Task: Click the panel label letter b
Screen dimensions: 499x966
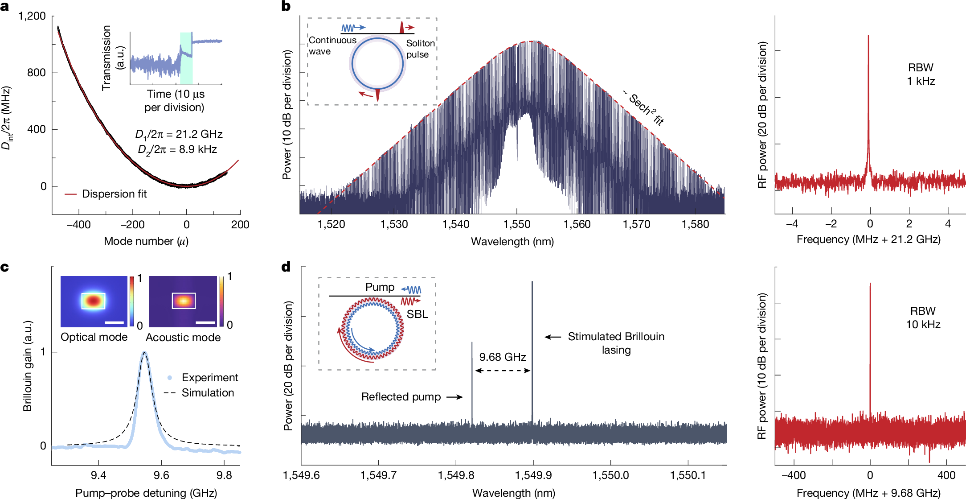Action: click(286, 6)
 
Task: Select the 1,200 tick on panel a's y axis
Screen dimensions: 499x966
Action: click(32, 16)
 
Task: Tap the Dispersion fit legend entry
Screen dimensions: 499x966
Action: click(114, 194)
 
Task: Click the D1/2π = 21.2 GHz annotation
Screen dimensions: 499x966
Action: click(179, 134)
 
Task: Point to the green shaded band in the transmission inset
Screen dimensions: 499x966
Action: click(186, 58)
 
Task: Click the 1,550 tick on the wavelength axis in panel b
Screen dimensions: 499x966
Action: click(517, 224)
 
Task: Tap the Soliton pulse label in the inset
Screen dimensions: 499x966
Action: click(420, 49)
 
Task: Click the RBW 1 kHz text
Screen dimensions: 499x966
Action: click(921, 74)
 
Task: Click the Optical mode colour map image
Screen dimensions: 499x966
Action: click(94, 301)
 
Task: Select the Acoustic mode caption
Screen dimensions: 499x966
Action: click(183, 338)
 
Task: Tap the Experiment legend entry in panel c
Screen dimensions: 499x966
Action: click(209, 378)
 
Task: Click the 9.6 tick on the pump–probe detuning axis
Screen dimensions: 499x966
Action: click(161, 475)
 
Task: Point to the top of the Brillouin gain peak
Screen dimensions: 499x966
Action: click(144, 353)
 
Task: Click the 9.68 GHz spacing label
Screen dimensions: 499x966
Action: click(503, 357)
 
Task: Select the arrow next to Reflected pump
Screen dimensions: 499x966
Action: click(455, 397)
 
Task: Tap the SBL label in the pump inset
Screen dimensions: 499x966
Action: click(417, 314)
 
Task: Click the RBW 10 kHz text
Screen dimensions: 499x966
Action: click(923, 318)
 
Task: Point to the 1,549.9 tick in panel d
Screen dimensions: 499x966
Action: click(533, 475)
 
